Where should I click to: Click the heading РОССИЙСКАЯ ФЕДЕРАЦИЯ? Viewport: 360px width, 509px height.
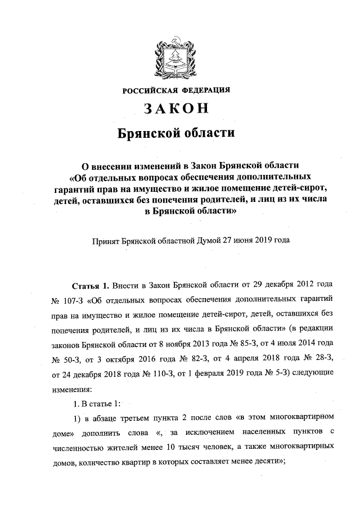click(x=177, y=90)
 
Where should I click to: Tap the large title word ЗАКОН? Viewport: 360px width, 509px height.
click(x=177, y=109)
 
